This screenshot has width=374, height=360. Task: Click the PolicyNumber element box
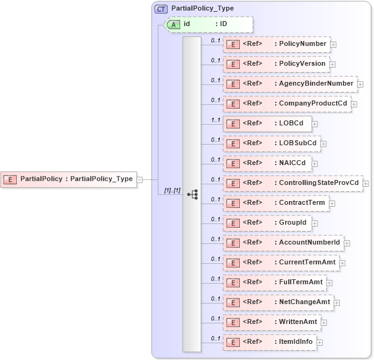[x=276, y=44]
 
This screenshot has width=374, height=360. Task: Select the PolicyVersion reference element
[x=276, y=64]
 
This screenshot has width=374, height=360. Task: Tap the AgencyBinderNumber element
[x=290, y=84]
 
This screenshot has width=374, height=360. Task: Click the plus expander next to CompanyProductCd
[x=354, y=104]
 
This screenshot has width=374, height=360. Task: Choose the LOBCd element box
[x=267, y=124]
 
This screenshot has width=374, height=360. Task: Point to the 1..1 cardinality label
[x=216, y=120]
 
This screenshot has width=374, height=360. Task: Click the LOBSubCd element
[x=272, y=143]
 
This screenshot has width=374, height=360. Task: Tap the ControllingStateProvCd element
[x=293, y=183]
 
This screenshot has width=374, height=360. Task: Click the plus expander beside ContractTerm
[x=332, y=204]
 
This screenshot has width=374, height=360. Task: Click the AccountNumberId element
[x=283, y=243]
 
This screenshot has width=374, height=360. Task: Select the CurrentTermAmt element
[x=281, y=263]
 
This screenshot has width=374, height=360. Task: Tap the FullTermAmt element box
[x=278, y=282]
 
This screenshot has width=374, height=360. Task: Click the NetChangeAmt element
[x=279, y=302]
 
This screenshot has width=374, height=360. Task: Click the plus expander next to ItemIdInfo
[x=319, y=343]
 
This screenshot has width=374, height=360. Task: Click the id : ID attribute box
[x=209, y=24]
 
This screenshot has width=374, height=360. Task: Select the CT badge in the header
[x=161, y=9]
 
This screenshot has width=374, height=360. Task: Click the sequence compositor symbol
[x=192, y=194]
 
